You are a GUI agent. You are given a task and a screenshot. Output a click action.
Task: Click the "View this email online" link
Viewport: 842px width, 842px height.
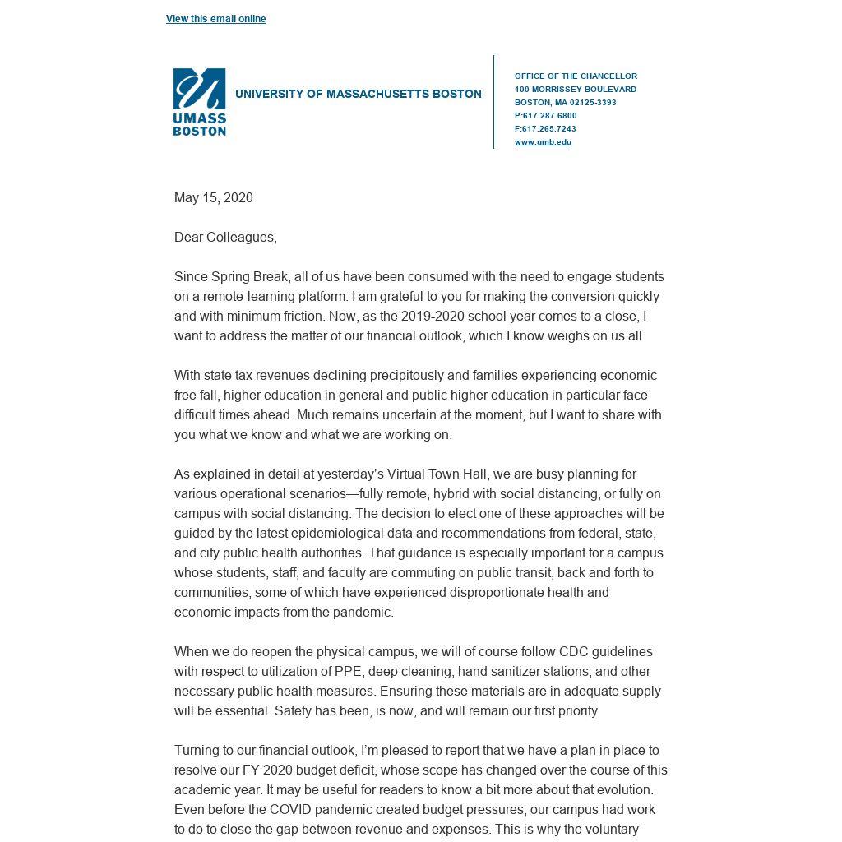click(215, 19)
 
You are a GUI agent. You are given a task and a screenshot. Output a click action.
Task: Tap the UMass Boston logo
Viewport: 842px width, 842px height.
click(199, 102)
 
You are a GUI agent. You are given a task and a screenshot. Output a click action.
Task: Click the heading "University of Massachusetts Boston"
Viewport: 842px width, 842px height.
click(358, 95)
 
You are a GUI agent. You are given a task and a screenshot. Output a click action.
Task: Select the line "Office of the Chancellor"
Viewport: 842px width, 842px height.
click(576, 76)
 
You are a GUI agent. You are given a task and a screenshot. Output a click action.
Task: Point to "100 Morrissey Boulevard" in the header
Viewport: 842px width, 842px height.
click(576, 90)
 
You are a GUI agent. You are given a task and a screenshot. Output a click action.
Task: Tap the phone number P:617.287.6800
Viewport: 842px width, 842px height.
click(545, 116)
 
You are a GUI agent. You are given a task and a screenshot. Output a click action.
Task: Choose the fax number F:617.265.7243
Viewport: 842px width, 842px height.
click(545, 129)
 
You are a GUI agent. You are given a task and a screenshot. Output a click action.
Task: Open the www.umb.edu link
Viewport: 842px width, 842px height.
click(543, 142)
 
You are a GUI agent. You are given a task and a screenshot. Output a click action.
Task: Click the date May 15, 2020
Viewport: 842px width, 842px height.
click(213, 198)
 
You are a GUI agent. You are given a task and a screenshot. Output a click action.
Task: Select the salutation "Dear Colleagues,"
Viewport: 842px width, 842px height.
click(225, 238)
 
